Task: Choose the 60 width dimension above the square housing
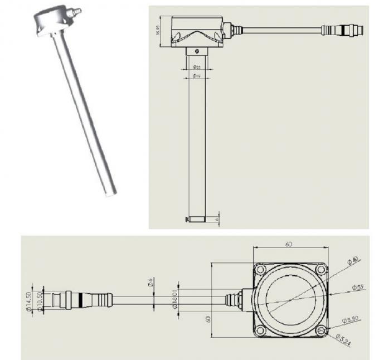coord(288,244)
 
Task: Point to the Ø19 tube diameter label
coord(196,75)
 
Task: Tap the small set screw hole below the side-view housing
coord(196,51)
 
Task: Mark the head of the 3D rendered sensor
coord(53,20)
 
